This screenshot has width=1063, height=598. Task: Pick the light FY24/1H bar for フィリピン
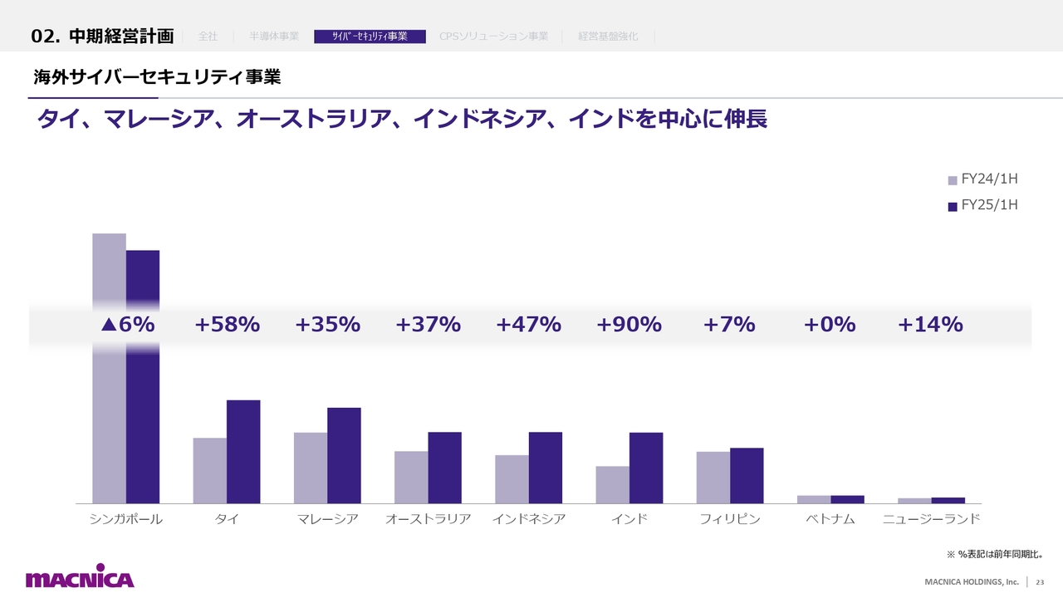[x=713, y=478]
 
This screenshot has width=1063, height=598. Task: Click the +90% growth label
[x=629, y=325]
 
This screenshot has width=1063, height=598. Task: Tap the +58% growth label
[x=227, y=325]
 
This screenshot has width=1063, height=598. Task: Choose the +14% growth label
[x=930, y=325]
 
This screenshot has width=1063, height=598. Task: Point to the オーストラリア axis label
[x=429, y=520]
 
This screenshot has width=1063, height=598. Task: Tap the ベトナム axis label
[x=830, y=520]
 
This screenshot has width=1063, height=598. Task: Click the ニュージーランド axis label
[x=931, y=520]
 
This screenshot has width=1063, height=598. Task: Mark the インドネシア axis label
[x=529, y=520]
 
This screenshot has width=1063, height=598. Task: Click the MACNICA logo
[x=80, y=578]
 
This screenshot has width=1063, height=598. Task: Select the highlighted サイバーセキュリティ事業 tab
[x=370, y=37]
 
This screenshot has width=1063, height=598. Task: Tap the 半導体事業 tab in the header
[x=274, y=37]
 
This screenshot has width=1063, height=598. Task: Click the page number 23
[x=1039, y=581]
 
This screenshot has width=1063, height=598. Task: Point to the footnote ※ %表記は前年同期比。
[x=994, y=553]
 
